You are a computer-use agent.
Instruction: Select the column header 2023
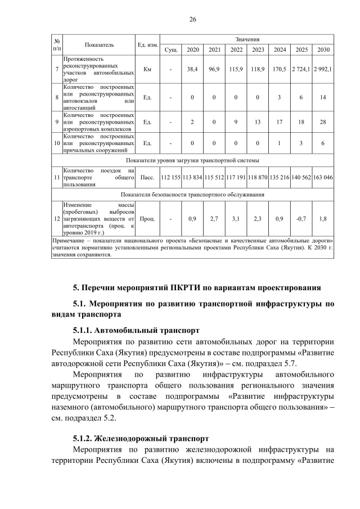click(x=258, y=49)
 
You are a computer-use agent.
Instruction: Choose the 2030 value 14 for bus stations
click(x=323, y=97)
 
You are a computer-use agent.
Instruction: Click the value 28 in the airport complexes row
click(x=323, y=121)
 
